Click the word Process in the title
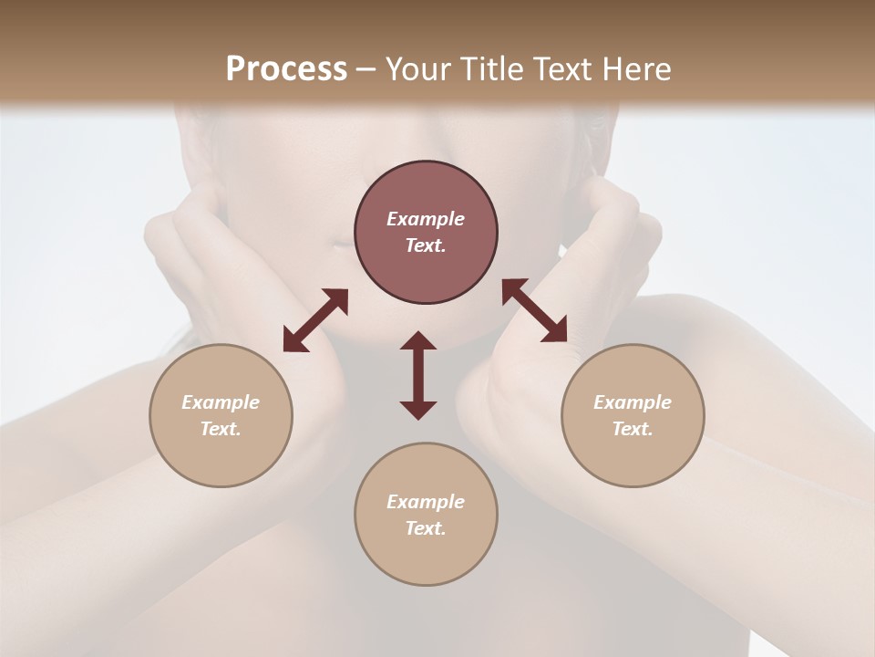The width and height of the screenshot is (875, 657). point(286,69)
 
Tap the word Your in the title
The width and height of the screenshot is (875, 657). point(417,69)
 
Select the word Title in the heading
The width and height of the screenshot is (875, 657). point(492,69)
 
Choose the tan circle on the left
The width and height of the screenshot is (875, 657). point(221,415)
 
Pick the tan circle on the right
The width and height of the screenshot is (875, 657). point(633,415)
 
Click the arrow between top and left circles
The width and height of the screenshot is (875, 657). point(315,320)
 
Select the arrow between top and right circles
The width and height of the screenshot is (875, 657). point(534,311)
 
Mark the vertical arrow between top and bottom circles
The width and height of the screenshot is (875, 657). point(418,375)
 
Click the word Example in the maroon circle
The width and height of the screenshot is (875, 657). point(426,219)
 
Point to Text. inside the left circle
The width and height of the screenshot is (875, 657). point(221,429)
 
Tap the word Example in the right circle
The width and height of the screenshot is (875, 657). point(633,402)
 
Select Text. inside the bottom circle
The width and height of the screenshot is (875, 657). point(426,528)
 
